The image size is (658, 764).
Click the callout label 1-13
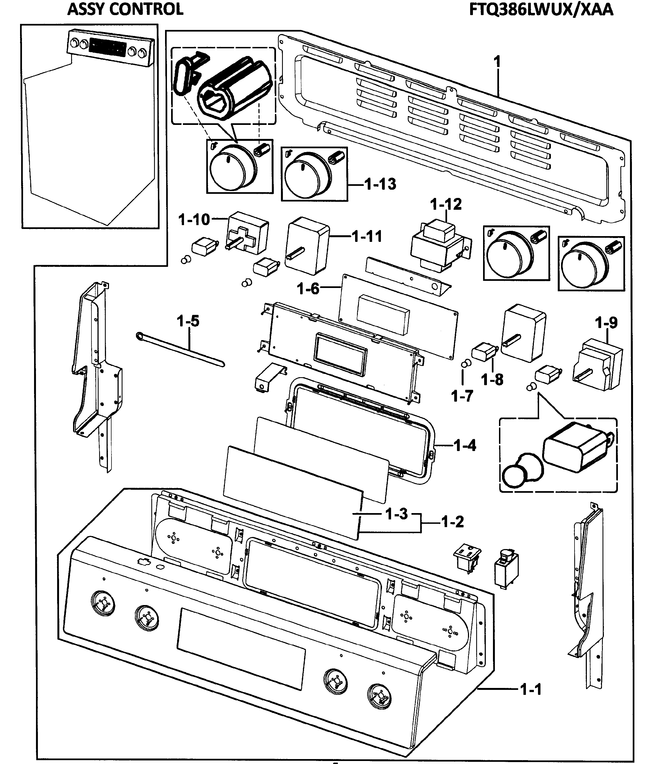380,184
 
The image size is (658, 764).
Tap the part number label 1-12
446,205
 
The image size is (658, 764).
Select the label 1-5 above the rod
188,321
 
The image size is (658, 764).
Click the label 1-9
606,323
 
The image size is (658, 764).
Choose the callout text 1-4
465,446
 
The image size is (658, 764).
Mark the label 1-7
462,396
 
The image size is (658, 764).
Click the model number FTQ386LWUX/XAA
541,10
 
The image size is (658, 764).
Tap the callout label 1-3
397,514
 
